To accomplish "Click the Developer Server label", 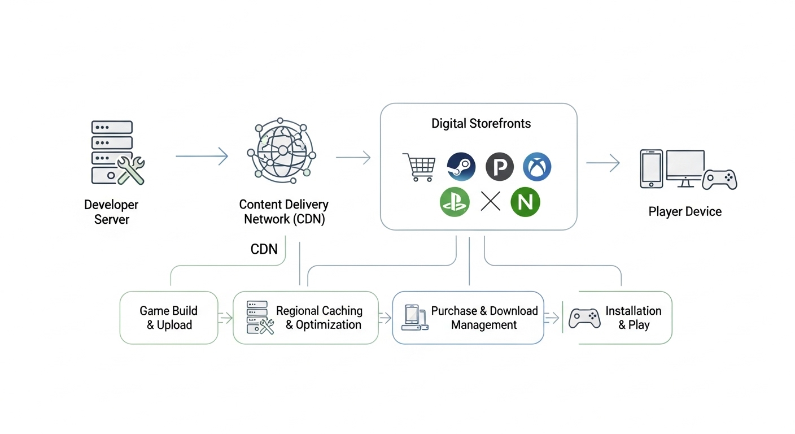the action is click(x=111, y=212).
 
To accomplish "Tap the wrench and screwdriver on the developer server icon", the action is click(x=130, y=170).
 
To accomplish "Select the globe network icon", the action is click(x=281, y=150).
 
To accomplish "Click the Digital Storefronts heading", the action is click(x=481, y=124).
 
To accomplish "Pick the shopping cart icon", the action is click(x=419, y=167).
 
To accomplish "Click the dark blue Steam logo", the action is click(x=461, y=167).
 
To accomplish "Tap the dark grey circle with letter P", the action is click(x=499, y=167).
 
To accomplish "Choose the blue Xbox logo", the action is click(x=537, y=167).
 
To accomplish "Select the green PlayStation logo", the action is click(x=455, y=202).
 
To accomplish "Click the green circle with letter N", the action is click(x=525, y=202).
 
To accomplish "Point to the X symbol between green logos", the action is click(x=491, y=201).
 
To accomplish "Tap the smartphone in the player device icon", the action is click(x=651, y=169).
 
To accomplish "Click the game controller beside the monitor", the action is click(x=720, y=180).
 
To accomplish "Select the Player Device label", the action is click(x=685, y=212).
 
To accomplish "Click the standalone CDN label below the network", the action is click(x=264, y=249).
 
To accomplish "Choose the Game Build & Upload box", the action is click(x=169, y=318).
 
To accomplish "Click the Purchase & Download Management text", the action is click(x=484, y=318).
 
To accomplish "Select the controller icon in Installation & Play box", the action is click(x=584, y=318).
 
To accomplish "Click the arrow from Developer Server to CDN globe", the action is click(x=202, y=157).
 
